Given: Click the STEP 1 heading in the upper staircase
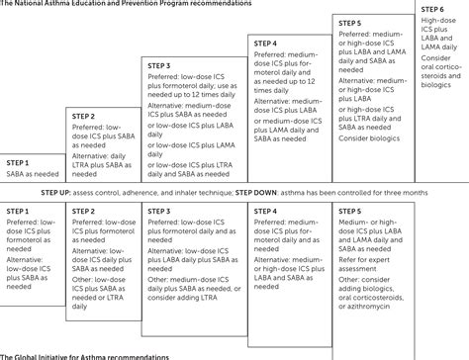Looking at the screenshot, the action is (19, 161).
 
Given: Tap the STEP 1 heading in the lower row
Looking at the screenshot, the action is (19, 210).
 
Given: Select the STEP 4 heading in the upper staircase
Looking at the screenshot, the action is (265, 44).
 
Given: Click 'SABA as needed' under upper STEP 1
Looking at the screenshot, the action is (32, 173).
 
